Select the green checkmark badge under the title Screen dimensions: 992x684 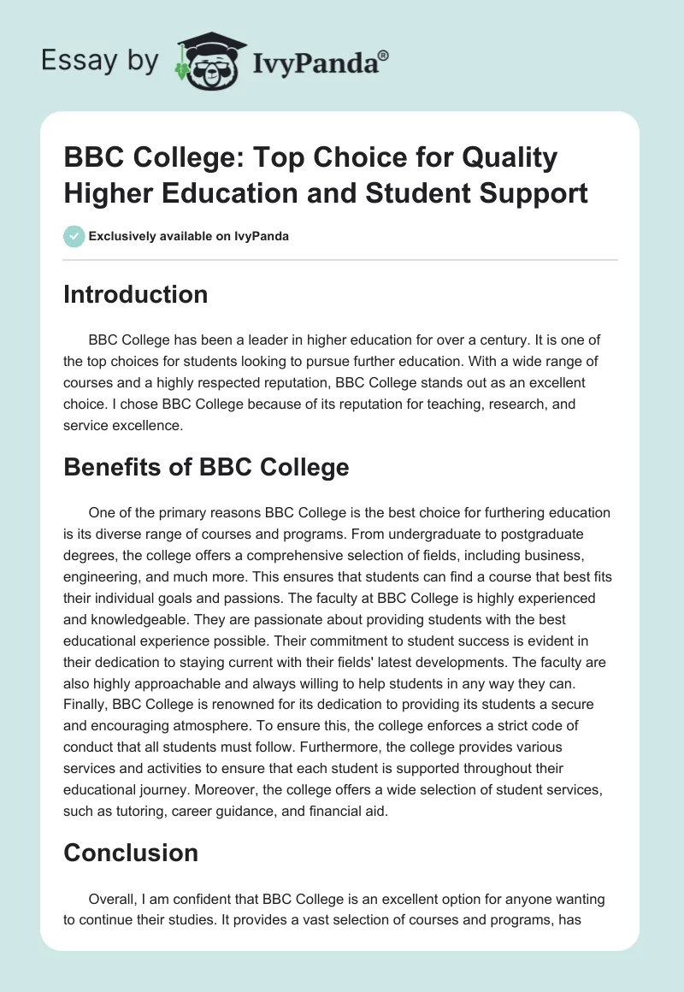tap(74, 236)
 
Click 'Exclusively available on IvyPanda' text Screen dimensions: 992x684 tap(189, 236)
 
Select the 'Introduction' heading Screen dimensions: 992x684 tap(136, 294)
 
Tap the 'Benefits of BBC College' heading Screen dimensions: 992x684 tap(206, 467)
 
